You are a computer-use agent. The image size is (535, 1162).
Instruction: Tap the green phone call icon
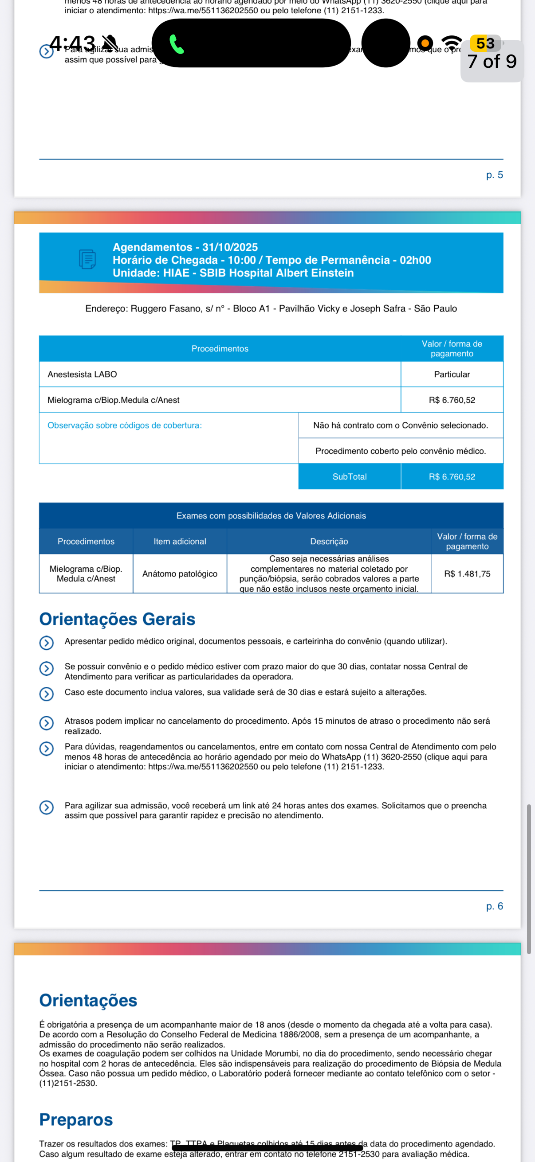click(177, 44)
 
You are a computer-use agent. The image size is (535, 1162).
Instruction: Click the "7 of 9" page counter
click(492, 62)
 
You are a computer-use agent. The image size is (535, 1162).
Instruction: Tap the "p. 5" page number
click(494, 175)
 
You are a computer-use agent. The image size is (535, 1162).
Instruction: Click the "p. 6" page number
click(494, 906)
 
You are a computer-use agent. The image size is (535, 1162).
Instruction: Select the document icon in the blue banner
click(87, 259)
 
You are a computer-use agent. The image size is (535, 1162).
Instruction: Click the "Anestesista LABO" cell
click(82, 374)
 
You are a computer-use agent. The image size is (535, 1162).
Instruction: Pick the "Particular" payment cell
click(452, 374)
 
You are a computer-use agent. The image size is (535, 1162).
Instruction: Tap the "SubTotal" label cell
click(350, 477)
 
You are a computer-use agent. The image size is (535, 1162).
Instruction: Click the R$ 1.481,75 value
click(467, 574)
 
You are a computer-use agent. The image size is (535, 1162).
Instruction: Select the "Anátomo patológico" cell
click(180, 574)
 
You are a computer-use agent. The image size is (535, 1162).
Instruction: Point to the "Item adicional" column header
click(180, 541)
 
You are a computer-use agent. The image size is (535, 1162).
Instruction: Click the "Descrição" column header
click(329, 541)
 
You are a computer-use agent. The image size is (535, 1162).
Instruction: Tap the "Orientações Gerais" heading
click(118, 620)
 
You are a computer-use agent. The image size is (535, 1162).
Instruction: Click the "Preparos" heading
click(76, 1119)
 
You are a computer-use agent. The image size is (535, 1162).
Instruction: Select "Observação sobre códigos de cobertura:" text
click(125, 425)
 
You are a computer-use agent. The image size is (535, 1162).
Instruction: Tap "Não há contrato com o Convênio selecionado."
click(401, 425)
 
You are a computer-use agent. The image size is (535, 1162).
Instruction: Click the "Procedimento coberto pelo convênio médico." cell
click(401, 451)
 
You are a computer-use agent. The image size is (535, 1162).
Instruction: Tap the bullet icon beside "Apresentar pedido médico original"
click(47, 642)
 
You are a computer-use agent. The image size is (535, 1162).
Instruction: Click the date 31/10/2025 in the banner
click(230, 247)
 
